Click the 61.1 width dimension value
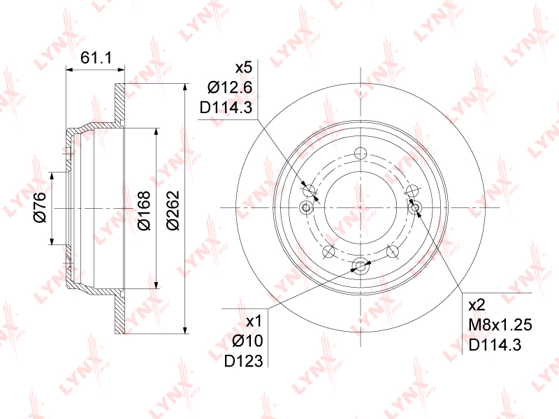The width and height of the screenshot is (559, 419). [x=96, y=57]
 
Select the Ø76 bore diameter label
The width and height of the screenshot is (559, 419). [x=40, y=207]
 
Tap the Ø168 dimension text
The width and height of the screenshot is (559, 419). [x=144, y=211]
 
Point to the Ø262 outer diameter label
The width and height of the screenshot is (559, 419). [x=173, y=211]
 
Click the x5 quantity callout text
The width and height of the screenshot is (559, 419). [x=244, y=67]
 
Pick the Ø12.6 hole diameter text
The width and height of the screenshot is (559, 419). [x=230, y=87]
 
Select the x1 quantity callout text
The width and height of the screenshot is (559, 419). [x=254, y=321]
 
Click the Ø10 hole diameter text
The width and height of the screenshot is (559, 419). [x=247, y=341]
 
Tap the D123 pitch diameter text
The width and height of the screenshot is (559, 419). [x=243, y=361]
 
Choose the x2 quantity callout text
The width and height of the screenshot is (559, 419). [x=477, y=305]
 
